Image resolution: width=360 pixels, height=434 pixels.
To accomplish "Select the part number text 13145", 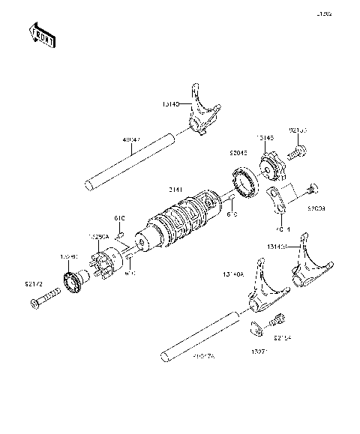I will point(265,139).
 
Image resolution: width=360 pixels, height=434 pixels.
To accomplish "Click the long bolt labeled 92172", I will point(45,304).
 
